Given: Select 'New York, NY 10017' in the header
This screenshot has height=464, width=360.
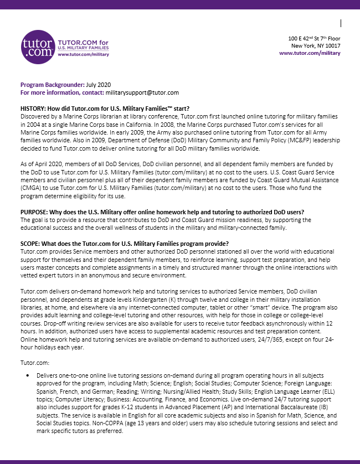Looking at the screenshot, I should [316, 45].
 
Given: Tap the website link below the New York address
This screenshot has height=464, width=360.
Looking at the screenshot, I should [310, 53].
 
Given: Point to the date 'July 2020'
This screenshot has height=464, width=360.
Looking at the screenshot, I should [99, 85].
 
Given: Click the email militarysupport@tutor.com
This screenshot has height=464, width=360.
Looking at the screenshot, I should [143, 92].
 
